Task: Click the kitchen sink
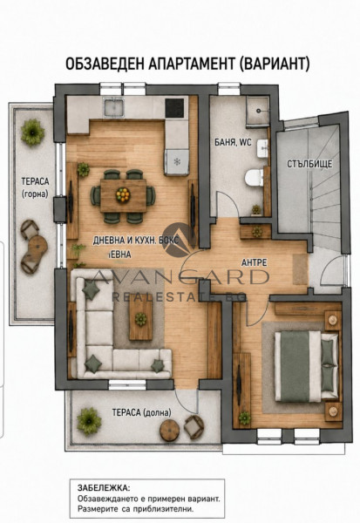tap(114, 107)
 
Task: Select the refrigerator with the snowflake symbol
tap(176, 162)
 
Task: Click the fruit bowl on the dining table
tap(123, 194)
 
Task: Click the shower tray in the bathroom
tap(257, 111)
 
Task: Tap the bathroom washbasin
tap(262, 148)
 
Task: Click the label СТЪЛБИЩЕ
tap(309, 164)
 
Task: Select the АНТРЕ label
tap(254, 263)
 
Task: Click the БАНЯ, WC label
tap(233, 142)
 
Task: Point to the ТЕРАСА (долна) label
tap(141, 412)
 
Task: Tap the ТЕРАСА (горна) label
tap(35, 187)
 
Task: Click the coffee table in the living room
tap(141, 320)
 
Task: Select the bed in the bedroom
tap(306, 366)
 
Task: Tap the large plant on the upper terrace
tap(33, 132)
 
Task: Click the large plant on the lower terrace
tap(89, 421)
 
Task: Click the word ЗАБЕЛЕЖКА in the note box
tap(104, 488)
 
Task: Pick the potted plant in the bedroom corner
tap(245, 418)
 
